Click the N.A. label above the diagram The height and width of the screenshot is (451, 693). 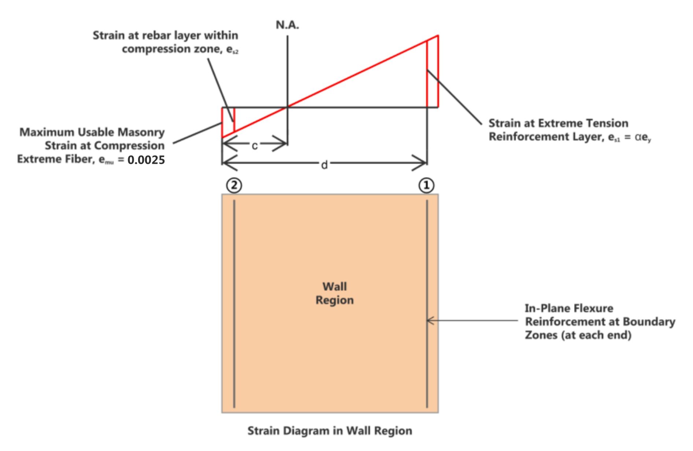(287, 25)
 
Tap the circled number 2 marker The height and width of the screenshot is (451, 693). (234, 185)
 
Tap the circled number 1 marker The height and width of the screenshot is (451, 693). (426, 185)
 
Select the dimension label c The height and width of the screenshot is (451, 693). (255, 146)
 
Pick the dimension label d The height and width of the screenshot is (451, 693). (324, 165)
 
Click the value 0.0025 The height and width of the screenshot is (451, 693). (146, 160)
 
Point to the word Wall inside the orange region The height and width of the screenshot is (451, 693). (334, 286)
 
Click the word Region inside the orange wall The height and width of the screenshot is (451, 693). (334, 300)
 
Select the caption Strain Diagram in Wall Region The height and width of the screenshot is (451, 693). (330, 430)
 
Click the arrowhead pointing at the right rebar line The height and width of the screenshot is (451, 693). (429, 321)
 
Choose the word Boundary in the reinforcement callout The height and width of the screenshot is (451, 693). (649, 322)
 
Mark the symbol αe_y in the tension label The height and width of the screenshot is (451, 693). (643, 137)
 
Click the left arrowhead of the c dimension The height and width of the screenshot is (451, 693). (226, 144)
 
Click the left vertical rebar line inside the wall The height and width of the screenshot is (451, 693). (234, 304)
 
